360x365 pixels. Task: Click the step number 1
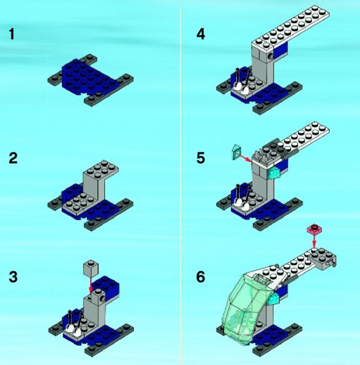click(x=12, y=34)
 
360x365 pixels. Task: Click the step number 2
click(x=13, y=158)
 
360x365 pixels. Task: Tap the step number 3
click(x=13, y=277)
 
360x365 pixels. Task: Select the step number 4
click(x=201, y=34)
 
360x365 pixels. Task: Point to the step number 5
click(x=201, y=158)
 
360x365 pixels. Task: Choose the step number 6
click(x=201, y=277)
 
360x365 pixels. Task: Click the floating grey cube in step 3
click(x=91, y=268)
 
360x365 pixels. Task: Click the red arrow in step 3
click(x=91, y=284)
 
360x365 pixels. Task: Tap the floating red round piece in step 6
click(x=315, y=229)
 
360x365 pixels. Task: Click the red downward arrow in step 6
click(x=314, y=240)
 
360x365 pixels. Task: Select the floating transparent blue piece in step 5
click(x=235, y=152)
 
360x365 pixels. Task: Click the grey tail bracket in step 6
click(x=322, y=259)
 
